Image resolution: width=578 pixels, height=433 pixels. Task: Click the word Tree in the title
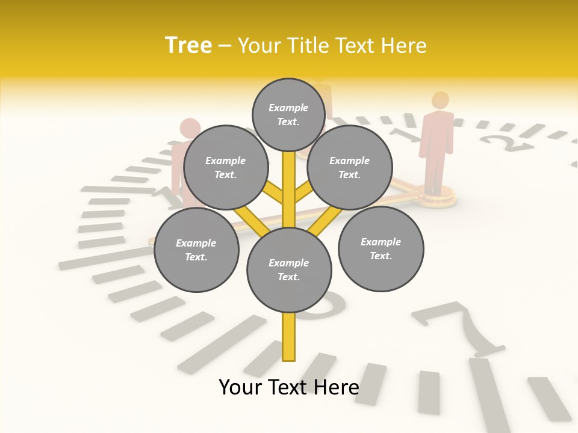pyautogui.click(x=188, y=45)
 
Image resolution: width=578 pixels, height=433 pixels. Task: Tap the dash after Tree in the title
pyautogui.click(x=225, y=46)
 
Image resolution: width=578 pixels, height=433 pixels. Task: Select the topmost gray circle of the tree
pyautogui.click(x=288, y=114)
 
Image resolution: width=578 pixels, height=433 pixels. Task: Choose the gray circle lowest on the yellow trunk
pyautogui.click(x=289, y=270)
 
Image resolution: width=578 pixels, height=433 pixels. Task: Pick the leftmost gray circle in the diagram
pyautogui.click(x=196, y=250)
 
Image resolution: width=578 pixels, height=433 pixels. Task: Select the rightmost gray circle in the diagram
pyautogui.click(x=381, y=249)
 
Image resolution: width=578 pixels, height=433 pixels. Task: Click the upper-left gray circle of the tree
pyautogui.click(x=225, y=168)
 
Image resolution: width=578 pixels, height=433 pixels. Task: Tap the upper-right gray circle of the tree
pyautogui.click(x=350, y=168)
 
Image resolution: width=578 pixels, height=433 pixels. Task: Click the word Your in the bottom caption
pyautogui.click(x=240, y=387)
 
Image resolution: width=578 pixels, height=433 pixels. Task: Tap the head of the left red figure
pyautogui.click(x=190, y=127)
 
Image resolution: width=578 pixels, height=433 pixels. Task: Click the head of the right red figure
pyautogui.click(x=441, y=100)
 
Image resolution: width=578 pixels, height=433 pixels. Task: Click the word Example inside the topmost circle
pyautogui.click(x=288, y=108)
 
